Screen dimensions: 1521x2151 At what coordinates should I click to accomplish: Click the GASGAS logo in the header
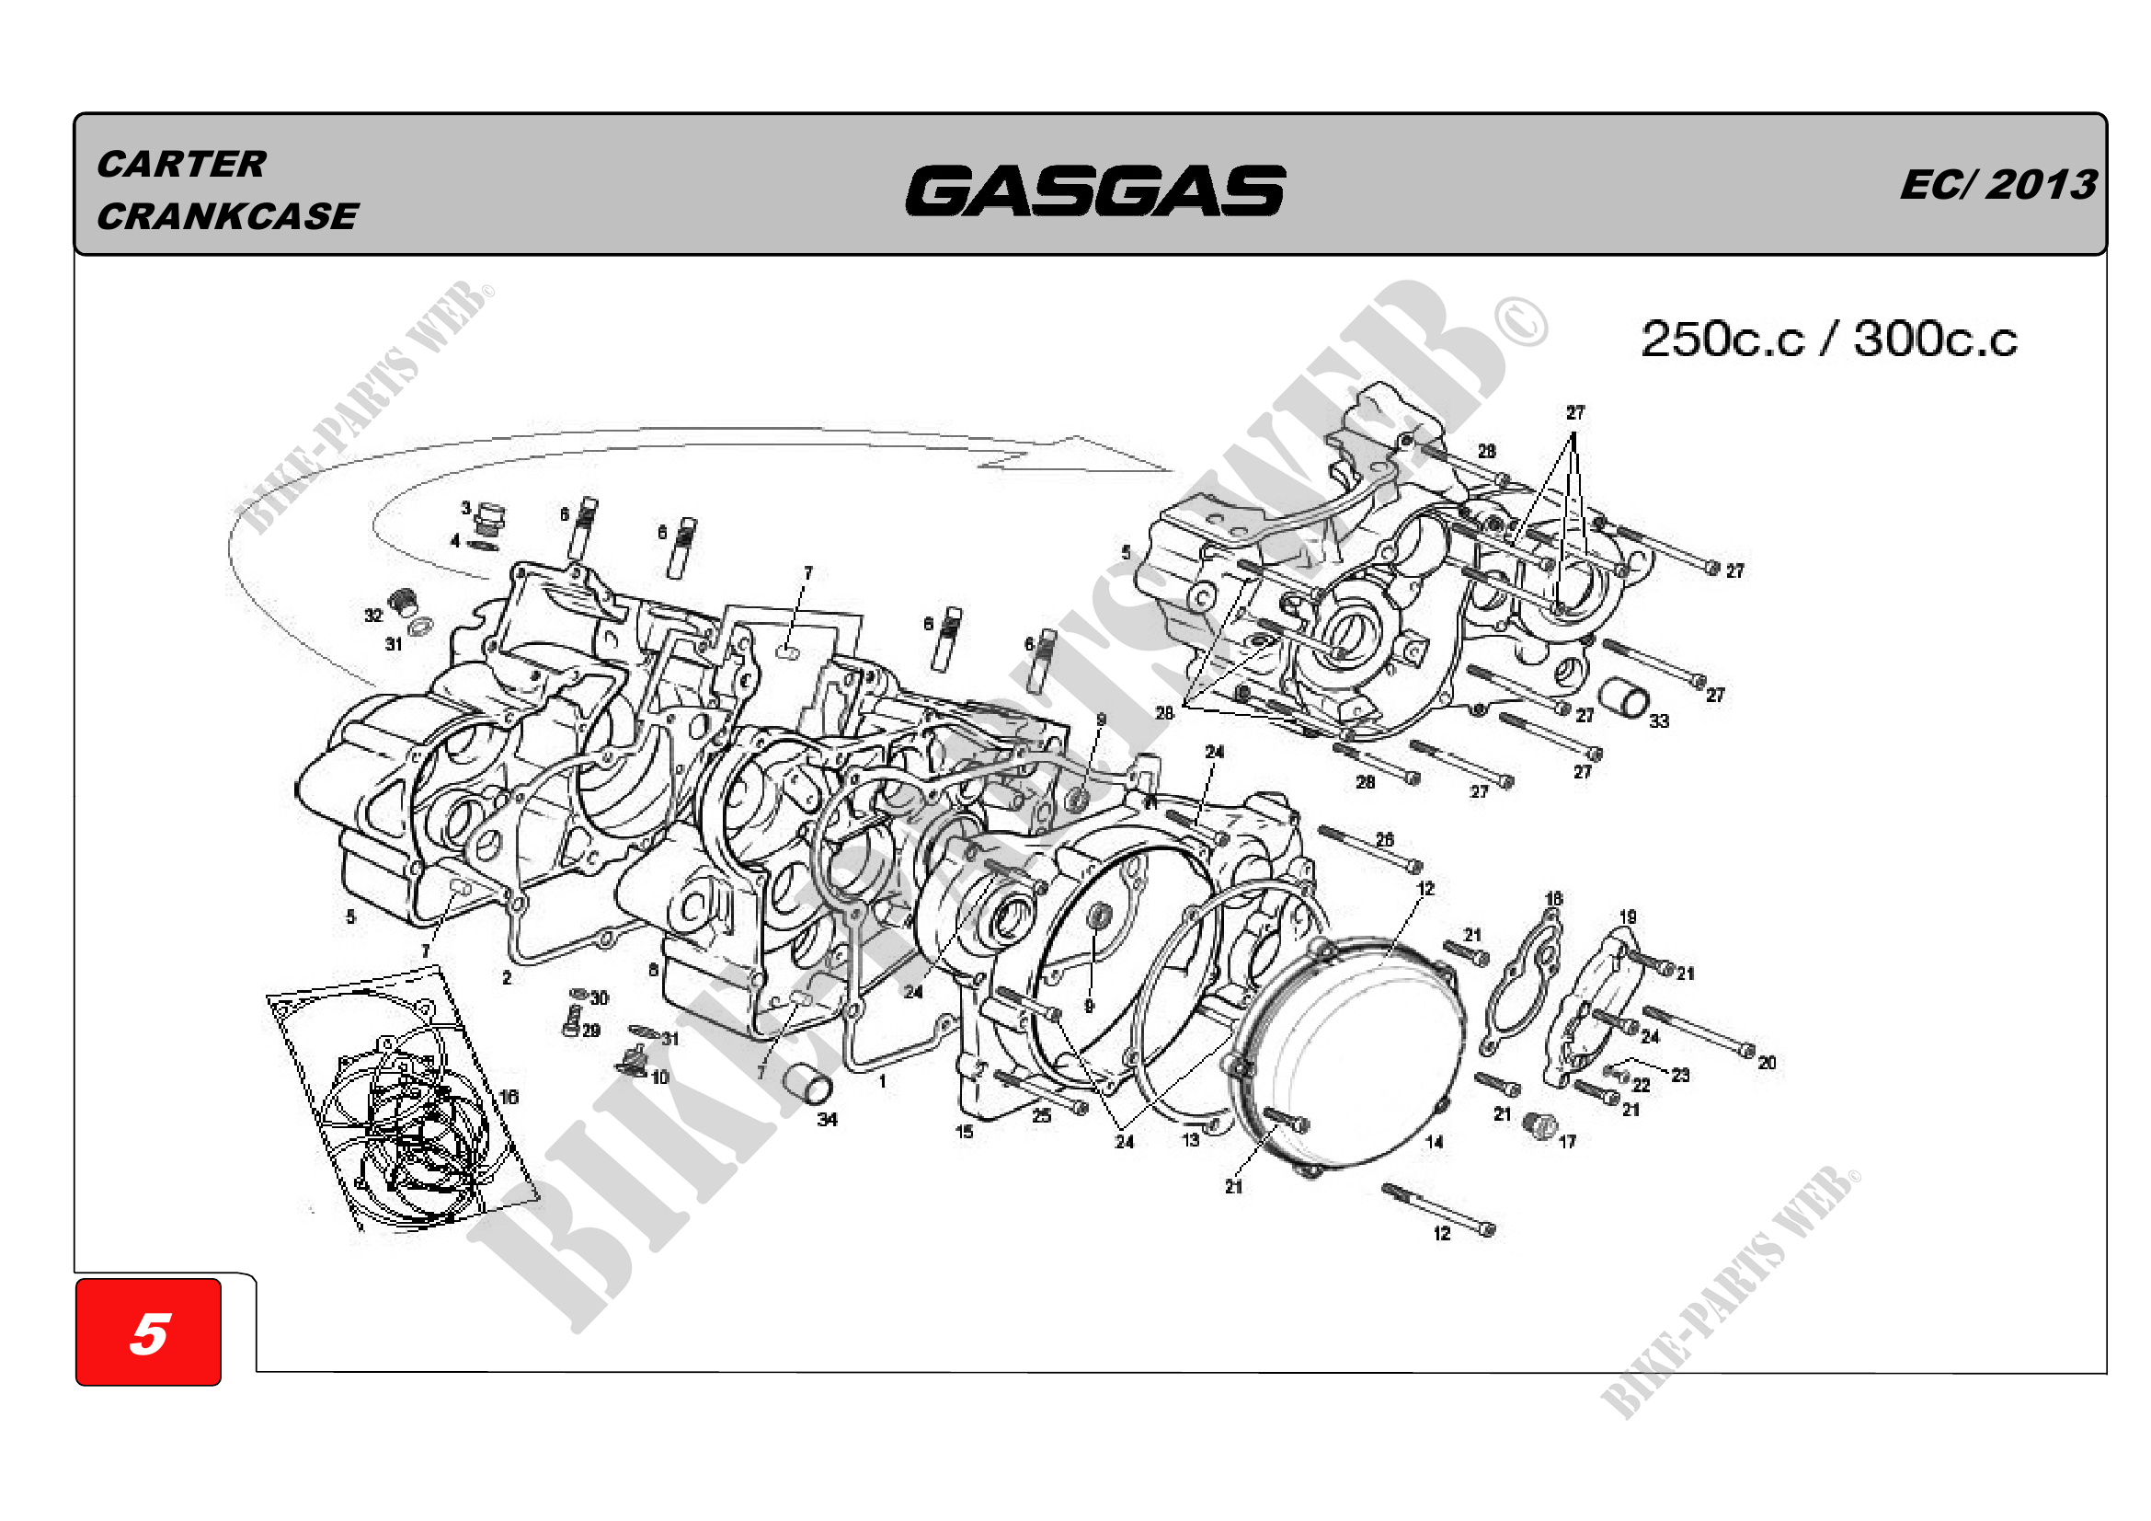1094,190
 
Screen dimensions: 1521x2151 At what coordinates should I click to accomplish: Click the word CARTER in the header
181,164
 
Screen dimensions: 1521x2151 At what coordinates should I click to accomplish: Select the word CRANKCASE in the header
227,216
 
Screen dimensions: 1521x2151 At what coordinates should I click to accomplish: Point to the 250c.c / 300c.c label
1828,340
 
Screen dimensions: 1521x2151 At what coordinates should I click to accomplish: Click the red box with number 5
148,1331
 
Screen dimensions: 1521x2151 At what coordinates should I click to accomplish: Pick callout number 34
827,1119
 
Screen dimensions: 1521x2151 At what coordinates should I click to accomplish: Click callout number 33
1658,720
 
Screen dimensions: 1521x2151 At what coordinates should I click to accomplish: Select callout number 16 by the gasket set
508,1097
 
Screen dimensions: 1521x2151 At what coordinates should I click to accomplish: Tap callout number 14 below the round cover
1434,1142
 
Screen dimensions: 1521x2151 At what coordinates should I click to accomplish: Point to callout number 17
1567,1142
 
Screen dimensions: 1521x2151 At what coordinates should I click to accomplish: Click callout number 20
1766,1063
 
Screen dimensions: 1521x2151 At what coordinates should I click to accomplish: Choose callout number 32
373,616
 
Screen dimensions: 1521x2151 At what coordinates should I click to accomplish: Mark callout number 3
465,508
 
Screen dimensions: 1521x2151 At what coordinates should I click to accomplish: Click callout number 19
1628,916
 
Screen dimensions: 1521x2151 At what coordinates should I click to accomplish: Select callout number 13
1190,1139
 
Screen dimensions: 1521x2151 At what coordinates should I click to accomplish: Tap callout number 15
964,1131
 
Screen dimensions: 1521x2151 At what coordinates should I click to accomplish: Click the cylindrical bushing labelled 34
808,1084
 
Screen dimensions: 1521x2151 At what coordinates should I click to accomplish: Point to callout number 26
1385,840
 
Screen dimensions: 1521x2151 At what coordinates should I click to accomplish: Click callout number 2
507,977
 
